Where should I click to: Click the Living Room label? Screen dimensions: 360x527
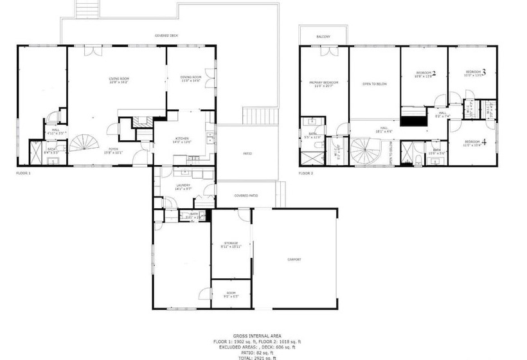click(119, 80)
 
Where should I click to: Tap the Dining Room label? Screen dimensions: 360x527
click(191, 78)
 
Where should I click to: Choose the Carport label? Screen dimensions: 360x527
click(294, 259)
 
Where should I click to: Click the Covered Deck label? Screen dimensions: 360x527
click(166, 36)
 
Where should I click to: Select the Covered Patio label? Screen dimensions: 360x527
click(246, 195)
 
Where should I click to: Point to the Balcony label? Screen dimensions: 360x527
click(323, 37)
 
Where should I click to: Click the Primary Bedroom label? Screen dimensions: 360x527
click(324, 84)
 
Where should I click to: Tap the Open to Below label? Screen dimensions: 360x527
click(374, 84)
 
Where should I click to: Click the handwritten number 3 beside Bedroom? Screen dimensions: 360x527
click(483, 72)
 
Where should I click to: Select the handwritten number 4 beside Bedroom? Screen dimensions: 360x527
click(484, 143)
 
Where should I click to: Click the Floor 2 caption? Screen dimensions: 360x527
click(305, 174)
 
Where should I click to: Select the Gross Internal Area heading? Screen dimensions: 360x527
click(257, 336)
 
